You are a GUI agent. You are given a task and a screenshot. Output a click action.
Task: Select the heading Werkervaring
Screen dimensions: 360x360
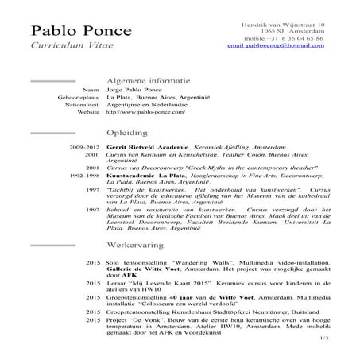(136, 248)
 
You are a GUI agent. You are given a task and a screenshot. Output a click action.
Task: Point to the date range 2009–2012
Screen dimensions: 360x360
(85, 149)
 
